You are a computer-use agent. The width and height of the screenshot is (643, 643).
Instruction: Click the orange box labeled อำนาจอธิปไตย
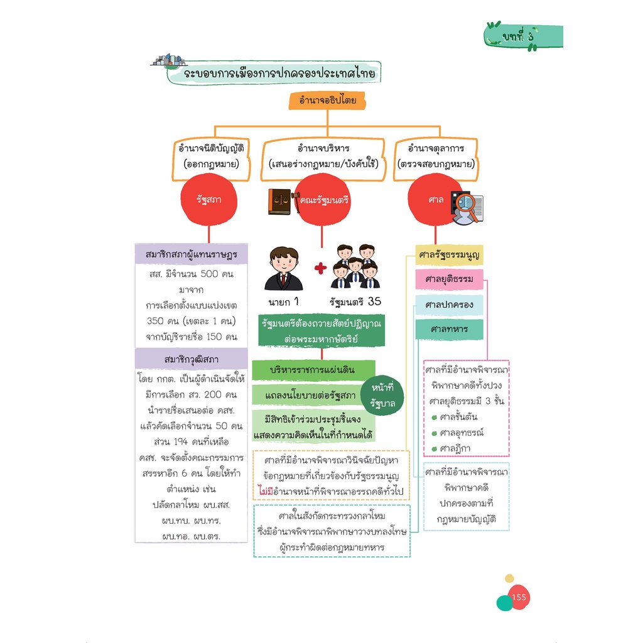(327, 100)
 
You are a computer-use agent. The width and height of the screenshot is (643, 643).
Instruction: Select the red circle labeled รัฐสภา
(208, 200)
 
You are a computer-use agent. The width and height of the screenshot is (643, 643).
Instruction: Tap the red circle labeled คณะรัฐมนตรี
(322, 200)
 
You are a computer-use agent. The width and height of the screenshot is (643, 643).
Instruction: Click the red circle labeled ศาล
(435, 200)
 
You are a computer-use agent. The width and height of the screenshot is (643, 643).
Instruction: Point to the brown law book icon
(279, 202)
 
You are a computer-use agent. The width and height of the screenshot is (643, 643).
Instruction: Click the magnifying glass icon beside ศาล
(467, 208)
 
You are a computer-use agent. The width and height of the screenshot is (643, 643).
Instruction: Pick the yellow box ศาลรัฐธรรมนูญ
(449, 255)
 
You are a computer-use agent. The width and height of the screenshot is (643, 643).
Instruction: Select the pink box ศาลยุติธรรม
(449, 279)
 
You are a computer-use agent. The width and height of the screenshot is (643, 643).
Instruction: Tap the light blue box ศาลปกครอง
(449, 305)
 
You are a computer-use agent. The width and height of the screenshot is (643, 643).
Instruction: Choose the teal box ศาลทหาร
(449, 329)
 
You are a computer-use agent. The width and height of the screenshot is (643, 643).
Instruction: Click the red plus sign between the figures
(321, 269)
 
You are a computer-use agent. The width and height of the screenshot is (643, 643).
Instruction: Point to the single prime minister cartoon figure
(283, 269)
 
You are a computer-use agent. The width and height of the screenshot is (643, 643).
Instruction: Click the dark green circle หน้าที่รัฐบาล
(382, 396)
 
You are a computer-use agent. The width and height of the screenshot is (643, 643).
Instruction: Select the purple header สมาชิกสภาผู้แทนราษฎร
(191, 254)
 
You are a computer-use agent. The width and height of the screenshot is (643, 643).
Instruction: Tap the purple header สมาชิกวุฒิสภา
(191, 359)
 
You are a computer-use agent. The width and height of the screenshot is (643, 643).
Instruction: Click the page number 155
(519, 598)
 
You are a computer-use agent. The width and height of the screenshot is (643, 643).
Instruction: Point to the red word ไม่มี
(266, 491)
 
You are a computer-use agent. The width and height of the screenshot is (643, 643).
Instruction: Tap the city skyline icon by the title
(169, 60)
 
